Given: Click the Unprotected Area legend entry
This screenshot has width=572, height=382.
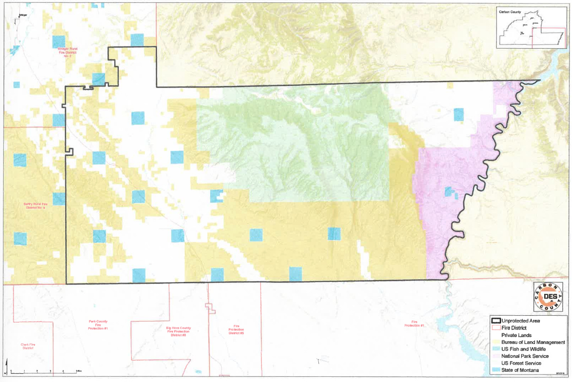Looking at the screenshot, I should coord(521,320).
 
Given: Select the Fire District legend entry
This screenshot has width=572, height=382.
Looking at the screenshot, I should coord(514,328).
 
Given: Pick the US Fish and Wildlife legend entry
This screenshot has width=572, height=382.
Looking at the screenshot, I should coord(522,349).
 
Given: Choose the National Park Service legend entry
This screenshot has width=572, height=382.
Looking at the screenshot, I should coord(525,356).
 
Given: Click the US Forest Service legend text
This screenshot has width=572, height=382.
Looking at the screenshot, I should coord(521,363).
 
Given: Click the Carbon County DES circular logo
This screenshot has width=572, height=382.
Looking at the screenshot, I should coord(548,297).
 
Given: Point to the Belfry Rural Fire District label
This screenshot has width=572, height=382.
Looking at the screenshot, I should coord(37,206).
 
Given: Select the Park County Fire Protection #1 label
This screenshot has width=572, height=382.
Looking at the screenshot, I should coord(98,325).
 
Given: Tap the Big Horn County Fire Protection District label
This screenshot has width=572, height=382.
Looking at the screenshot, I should coord(178,331).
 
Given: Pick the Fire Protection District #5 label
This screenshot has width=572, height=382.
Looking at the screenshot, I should coord(236,331).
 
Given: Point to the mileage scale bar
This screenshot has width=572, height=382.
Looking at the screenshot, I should coord(44,372).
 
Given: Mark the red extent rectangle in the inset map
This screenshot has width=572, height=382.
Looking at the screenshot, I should coord(548,38).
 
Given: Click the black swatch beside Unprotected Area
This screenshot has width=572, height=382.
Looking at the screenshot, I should coord(496,320).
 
